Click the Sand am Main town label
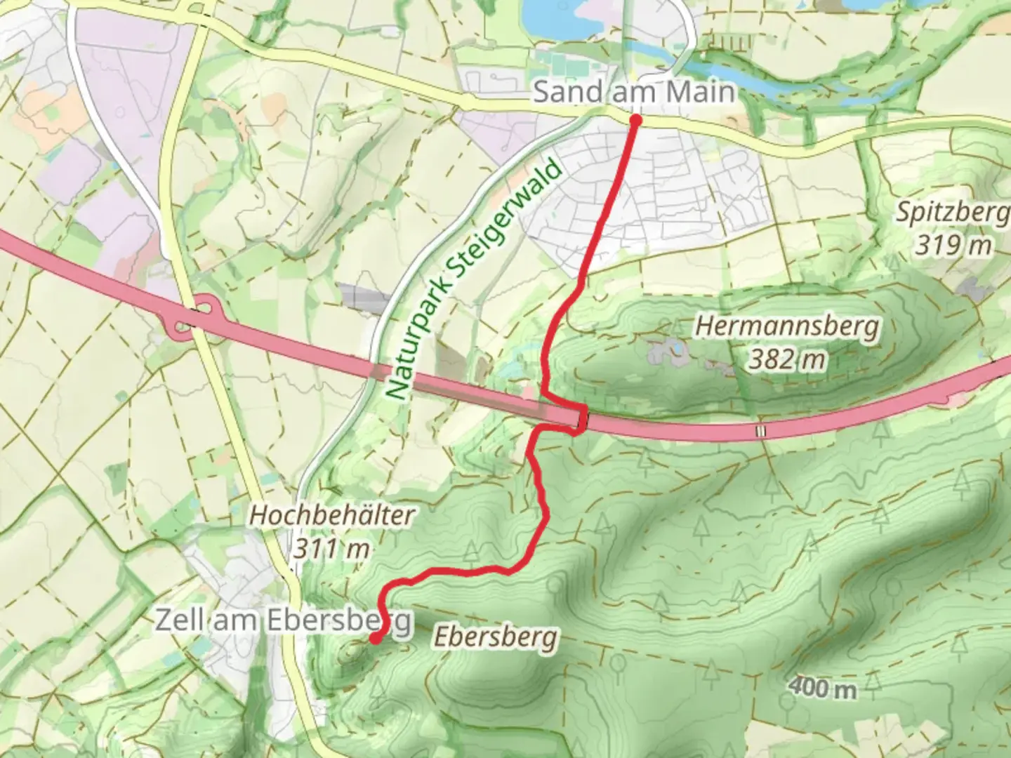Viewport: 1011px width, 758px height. click(x=633, y=92)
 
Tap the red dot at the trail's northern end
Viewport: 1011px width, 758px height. click(x=636, y=120)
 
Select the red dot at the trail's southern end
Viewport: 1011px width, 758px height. click(x=376, y=638)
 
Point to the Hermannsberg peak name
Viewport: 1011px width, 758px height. click(x=786, y=326)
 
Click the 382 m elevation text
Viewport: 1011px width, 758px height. click(x=786, y=360)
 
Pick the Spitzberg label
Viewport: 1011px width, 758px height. click(x=952, y=211)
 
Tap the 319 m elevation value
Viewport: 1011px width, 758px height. click(x=953, y=245)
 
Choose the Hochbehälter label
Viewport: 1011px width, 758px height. click(x=332, y=515)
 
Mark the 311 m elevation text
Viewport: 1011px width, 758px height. click(x=331, y=548)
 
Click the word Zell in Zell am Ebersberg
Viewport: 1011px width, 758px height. click(x=176, y=620)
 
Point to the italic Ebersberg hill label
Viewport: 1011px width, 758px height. click(x=496, y=637)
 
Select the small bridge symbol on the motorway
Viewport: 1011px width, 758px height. click(x=760, y=431)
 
